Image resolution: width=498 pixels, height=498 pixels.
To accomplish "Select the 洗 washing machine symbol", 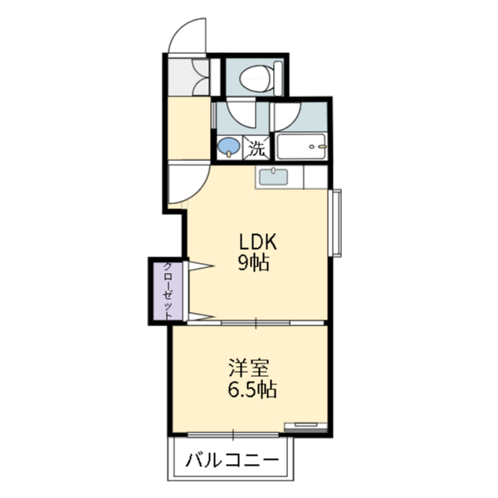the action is click(x=256, y=148).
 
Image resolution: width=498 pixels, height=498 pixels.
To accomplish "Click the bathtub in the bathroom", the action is click(x=301, y=147).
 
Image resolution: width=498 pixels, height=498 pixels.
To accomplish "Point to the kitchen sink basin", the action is click(x=273, y=177).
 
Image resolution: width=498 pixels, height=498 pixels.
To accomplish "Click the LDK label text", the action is click(x=258, y=242).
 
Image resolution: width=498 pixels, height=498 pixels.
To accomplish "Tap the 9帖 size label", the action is click(x=254, y=262).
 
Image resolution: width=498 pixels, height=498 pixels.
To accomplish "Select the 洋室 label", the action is click(x=249, y=369).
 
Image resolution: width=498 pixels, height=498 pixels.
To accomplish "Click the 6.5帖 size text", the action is click(x=252, y=389).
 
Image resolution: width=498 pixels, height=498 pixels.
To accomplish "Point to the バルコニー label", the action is click(x=232, y=460).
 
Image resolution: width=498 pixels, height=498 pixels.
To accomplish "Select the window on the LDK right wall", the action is click(x=336, y=223).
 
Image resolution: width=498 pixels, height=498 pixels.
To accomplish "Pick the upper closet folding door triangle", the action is click(x=201, y=266).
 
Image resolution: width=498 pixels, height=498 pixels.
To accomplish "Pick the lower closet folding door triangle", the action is click(x=201, y=316).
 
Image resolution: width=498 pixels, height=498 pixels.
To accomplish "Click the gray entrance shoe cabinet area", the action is click(x=188, y=76).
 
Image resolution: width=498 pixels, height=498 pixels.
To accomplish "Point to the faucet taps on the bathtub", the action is click(x=318, y=146).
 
